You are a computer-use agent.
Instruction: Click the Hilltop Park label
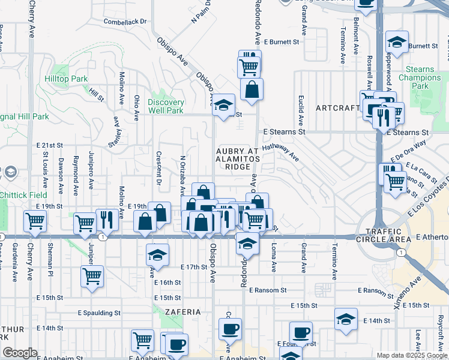pyautogui.click(x=66, y=79)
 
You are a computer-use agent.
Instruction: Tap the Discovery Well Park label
pyautogui.click(x=166, y=106)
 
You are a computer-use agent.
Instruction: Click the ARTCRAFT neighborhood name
pyautogui.click(x=337, y=108)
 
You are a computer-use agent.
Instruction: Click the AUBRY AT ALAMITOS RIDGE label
pyautogui.click(x=238, y=159)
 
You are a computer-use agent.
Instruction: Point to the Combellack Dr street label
pyautogui.click(x=125, y=21)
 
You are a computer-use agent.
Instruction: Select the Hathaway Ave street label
pyautogui.click(x=281, y=151)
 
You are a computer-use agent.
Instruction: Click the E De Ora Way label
pyautogui.click(x=408, y=150)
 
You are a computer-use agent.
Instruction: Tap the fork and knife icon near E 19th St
pyautogui.click(x=107, y=219)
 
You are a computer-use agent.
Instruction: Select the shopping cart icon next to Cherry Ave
pyautogui.click(x=35, y=221)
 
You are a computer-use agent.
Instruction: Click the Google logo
pyautogui.click(x=20, y=353)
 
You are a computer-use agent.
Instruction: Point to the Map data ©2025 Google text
pyautogui.click(x=411, y=355)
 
